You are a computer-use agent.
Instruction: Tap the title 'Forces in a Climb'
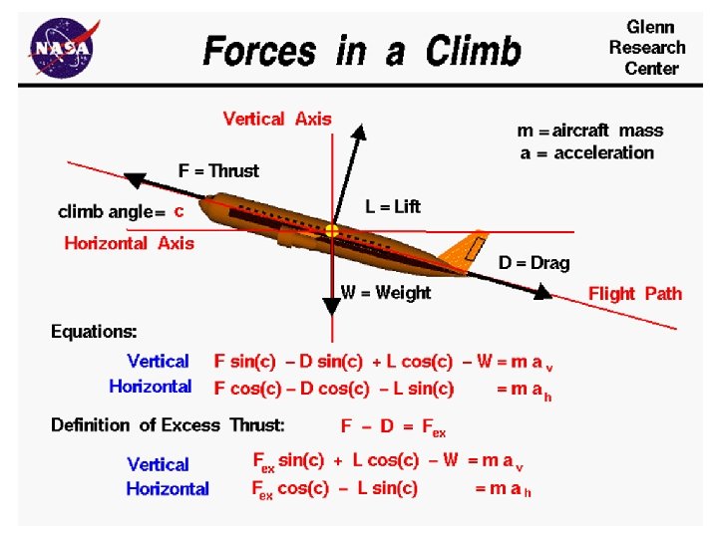[362, 50]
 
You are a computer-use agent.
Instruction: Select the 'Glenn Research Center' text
[647, 47]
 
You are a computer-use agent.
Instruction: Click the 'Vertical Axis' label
[277, 119]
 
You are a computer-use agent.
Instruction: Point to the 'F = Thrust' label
[218, 170]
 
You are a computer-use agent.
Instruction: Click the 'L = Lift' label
[393, 206]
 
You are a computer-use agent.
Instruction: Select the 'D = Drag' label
[535, 263]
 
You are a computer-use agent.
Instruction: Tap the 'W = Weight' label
[386, 292]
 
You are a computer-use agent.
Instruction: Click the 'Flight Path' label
[635, 293]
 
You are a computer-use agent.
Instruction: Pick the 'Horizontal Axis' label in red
[130, 243]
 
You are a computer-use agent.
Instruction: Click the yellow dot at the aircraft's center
[331, 231]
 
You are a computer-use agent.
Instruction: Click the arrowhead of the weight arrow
[331, 306]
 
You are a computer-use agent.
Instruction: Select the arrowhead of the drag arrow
[541, 292]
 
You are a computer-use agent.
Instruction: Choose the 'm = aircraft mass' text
[589, 131]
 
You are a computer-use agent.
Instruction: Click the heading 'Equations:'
[95, 331]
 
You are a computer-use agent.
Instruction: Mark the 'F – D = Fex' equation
[393, 426]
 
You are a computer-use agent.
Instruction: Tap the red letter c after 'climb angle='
[179, 211]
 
